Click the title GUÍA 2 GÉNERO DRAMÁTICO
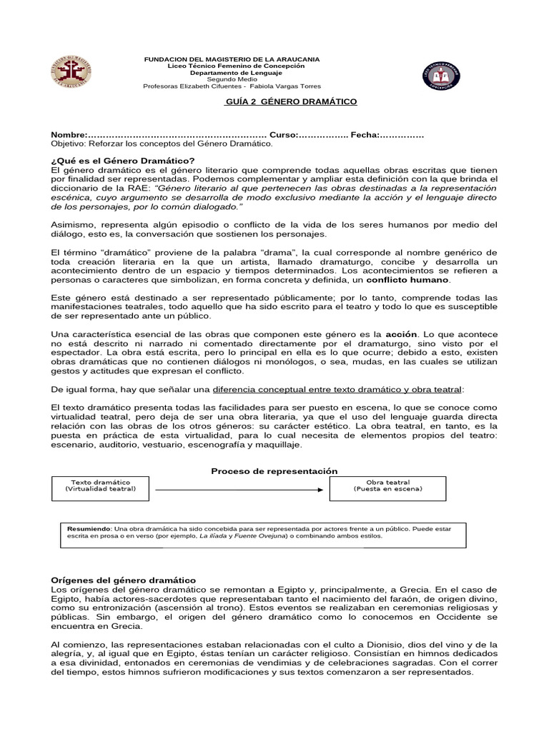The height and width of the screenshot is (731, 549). (x=291, y=102)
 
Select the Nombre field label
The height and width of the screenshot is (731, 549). (x=69, y=135)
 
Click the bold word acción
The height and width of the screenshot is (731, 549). (x=400, y=333)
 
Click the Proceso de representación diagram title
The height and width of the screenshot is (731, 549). (x=274, y=471)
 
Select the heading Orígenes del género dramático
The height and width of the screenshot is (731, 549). (x=123, y=580)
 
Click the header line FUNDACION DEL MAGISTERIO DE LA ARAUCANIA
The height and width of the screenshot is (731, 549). (x=232, y=59)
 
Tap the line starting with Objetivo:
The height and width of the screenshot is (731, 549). (x=162, y=143)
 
